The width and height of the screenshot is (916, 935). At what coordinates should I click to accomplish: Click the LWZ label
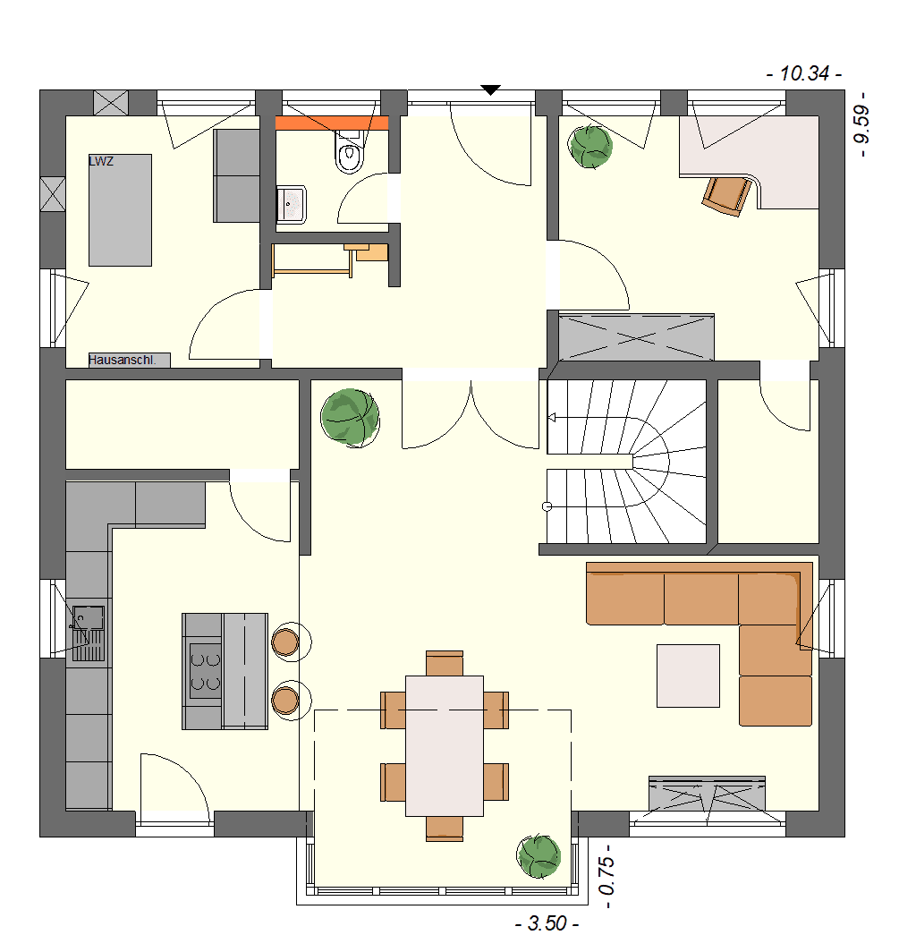(x=101, y=161)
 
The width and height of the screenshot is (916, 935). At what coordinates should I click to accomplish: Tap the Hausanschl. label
(x=122, y=361)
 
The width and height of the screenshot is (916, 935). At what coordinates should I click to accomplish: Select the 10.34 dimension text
(x=804, y=73)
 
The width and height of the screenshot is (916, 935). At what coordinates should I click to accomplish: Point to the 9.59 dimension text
(x=861, y=124)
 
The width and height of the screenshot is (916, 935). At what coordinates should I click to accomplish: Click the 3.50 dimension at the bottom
(x=547, y=923)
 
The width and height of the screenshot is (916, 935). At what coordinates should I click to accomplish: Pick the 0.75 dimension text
(x=606, y=876)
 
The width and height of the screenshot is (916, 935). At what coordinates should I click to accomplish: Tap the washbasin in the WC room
(x=292, y=205)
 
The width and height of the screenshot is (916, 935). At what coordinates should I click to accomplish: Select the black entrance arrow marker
(x=490, y=90)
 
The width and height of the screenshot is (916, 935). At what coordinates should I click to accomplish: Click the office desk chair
(x=726, y=195)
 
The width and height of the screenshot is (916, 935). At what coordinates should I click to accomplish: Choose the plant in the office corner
(x=590, y=147)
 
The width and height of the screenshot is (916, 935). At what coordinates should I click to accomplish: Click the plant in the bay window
(x=539, y=856)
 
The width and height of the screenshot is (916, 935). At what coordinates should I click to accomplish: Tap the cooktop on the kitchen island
(x=206, y=670)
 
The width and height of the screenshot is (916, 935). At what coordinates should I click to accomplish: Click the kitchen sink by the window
(x=89, y=633)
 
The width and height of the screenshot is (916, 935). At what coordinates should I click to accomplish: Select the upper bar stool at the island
(x=285, y=642)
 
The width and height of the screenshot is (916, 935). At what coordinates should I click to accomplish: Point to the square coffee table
(x=688, y=676)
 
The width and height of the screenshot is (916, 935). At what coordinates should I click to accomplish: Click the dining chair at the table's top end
(x=445, y=664)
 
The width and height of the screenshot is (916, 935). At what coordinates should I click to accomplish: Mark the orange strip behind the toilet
(x=332, y=123)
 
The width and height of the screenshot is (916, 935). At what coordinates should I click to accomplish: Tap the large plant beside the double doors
(x=350, y=418)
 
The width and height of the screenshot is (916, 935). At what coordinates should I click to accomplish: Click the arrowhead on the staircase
(x=552, y=418)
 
